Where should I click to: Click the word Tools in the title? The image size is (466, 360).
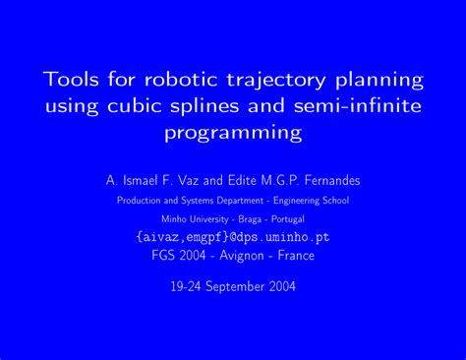(71, 78)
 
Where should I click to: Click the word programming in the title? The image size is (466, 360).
(232, 132)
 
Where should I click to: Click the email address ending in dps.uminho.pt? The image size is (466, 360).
(232, 237)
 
